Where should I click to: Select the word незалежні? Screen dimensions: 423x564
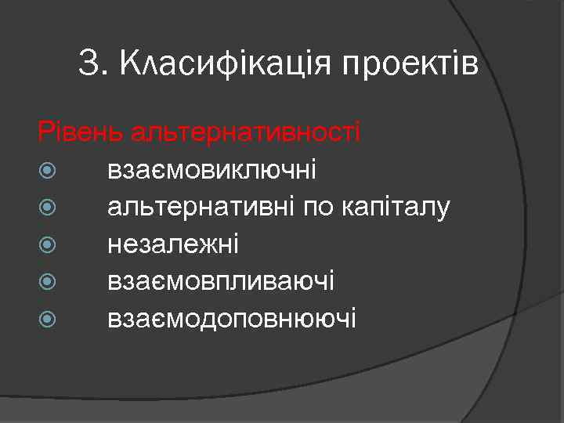(x=173, y=244)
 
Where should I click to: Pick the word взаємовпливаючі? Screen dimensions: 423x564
(x=222, y=281)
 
